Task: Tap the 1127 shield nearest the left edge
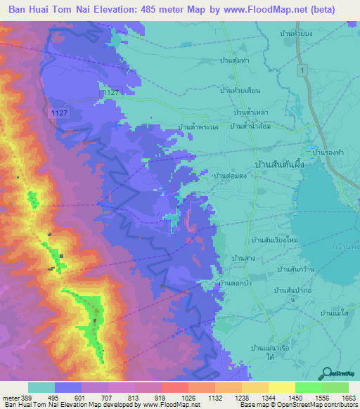(59, 112)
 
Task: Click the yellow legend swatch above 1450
(281, 387)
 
